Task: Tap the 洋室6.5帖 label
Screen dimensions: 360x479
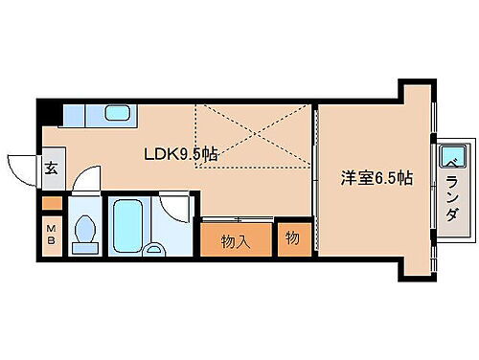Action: (378, 177)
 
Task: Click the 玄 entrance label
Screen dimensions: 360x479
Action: (50, 170)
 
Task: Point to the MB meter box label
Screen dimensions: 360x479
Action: (51, 236)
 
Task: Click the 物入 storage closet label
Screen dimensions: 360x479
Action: (236, 240)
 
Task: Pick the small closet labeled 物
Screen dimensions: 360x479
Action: (291, 239)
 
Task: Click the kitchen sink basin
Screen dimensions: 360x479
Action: (116, 114)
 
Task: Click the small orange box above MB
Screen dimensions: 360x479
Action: (51, 204)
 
